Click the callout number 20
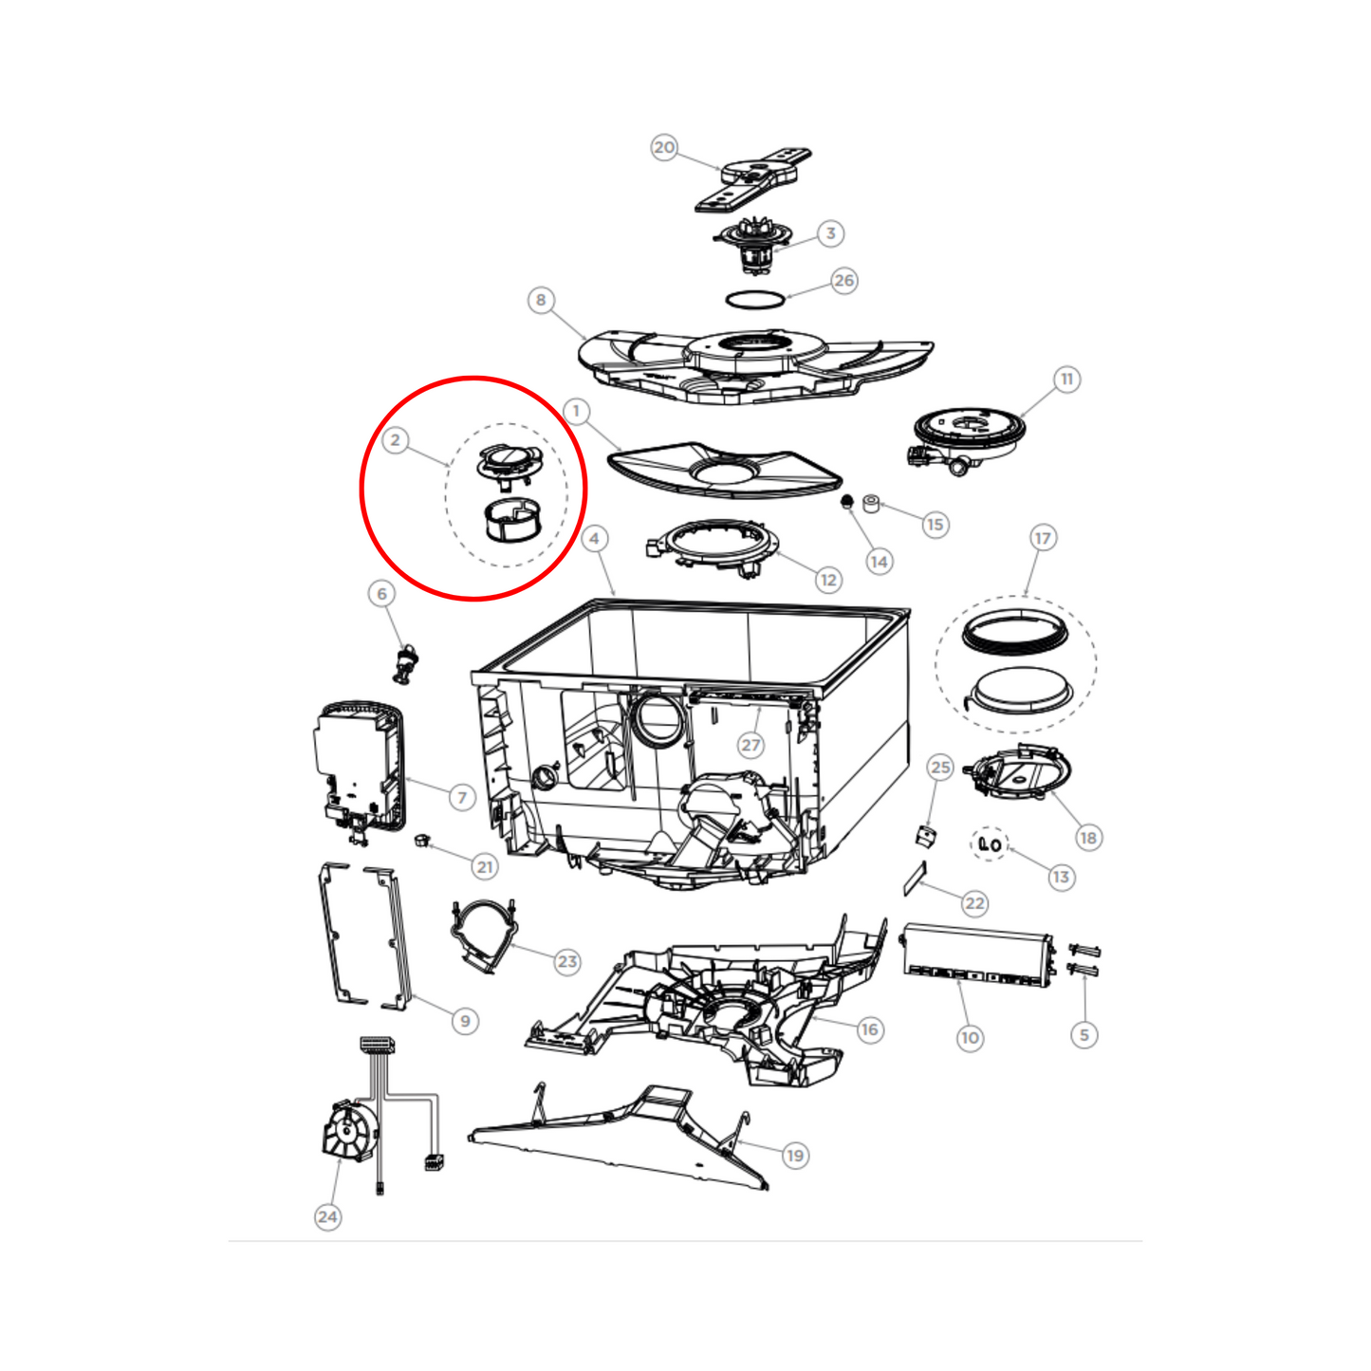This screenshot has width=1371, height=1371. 663,147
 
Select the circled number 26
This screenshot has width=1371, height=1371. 843,280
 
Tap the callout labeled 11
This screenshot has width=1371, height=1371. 1066,380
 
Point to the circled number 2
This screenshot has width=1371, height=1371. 396,440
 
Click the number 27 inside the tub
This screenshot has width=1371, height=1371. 750,745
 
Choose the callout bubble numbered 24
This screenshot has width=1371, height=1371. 327,1216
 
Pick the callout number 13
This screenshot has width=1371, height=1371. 1061,878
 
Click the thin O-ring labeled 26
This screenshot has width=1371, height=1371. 755,300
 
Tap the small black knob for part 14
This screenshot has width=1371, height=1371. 846,503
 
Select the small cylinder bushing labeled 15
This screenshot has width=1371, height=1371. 871,505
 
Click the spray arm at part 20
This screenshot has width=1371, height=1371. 752,178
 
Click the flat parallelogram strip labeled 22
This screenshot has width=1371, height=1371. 915,880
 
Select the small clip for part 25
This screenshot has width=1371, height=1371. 925,837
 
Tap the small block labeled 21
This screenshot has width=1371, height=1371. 422,841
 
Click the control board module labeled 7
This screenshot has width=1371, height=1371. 360,769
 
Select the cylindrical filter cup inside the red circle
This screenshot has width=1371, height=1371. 512,519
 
